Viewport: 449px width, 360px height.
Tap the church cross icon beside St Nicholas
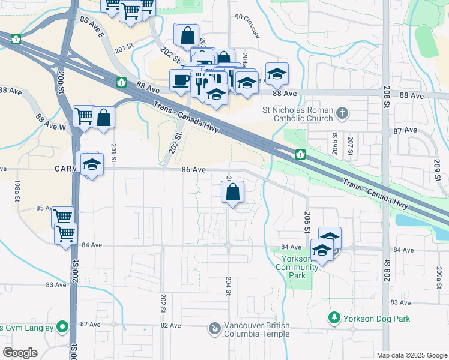tap(342, 112)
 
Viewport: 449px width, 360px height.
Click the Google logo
tap(19, 353)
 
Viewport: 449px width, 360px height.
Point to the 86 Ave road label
tap(194, 170)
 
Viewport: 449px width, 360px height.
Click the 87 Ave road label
tap(405, 130)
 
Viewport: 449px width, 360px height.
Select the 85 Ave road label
tap(44, 208)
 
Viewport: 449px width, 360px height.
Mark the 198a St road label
tap(17, 188)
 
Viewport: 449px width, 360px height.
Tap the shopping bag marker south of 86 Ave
tap(233, 193)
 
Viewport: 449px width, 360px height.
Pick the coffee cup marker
tap(180, 80)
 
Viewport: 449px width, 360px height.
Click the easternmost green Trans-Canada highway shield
tap(300, 155)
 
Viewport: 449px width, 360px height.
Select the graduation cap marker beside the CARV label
tap(92, 164)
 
